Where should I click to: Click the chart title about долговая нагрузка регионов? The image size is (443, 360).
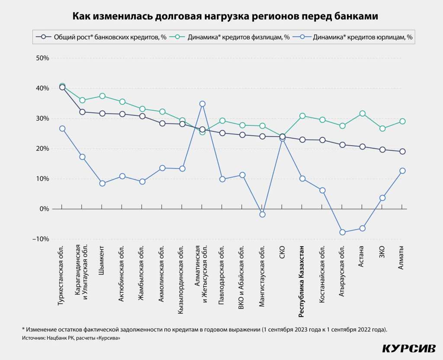click(221, 16)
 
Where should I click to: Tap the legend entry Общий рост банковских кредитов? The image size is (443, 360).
click(105, 37)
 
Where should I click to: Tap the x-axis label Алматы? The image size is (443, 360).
click(402, 257)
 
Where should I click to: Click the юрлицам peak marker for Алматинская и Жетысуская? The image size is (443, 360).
click(202, 104)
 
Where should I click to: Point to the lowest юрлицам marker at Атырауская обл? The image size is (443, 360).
click(342, 232)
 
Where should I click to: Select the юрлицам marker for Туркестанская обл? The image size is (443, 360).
click(62, 128)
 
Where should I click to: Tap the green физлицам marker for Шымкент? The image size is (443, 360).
click(102, 96)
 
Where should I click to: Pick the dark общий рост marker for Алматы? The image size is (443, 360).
click(402, 151)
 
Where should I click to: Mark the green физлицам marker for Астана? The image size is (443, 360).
click(362, 114)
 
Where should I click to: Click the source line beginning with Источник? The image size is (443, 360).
click(71, 338)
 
